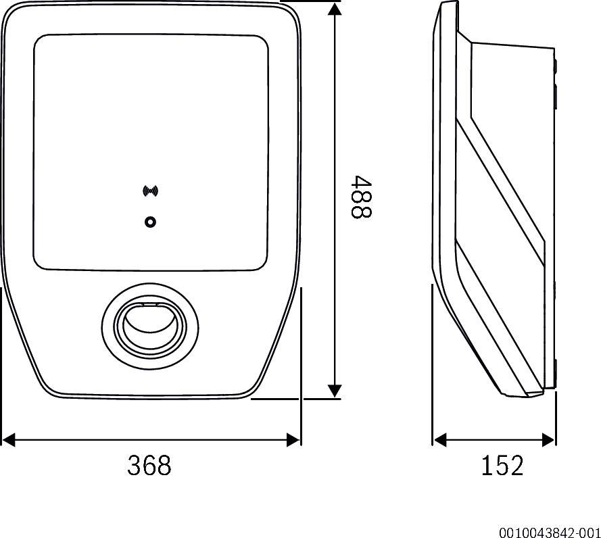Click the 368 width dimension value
click(149, 466)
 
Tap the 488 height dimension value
click(362, 197)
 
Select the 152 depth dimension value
click(502, 466)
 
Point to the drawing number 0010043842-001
click(550, 531)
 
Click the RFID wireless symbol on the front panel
click(150, 191)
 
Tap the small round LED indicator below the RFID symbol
click(150, 222)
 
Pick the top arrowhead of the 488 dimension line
click(335, 8)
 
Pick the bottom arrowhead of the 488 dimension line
click(335, 391)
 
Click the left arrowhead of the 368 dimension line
click(8, 440)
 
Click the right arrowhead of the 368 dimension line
click(294, 440)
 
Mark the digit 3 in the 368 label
click(135, 466)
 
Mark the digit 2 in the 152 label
click(516, 466)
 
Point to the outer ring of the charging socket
click(108, 323)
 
